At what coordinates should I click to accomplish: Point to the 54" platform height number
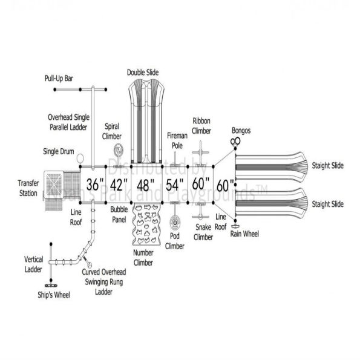pyautogui.click(x=175, y=184)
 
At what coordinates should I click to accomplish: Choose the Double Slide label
pyautogui.click(x=143, y=72)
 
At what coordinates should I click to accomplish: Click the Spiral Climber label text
pyautogui.click(x=112, y=132)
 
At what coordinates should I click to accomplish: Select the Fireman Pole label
pyautogui.click(x=177, y=140)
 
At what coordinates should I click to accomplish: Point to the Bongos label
pyautogui.click(x=241, y=130)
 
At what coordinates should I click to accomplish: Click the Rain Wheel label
pyautogui.click(x=244, y=233)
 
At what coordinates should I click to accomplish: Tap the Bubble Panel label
pyautogui.click(x=119, y=215)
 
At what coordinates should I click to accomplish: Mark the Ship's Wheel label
pyautogui.click(x=51, y=295)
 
